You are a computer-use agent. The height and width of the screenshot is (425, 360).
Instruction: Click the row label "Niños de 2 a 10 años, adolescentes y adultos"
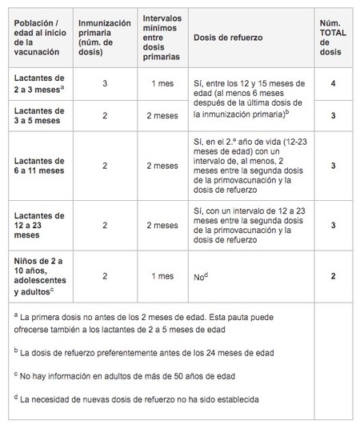[x=41, y=275]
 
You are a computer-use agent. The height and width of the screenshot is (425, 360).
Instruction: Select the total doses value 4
[x=333, y=82]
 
